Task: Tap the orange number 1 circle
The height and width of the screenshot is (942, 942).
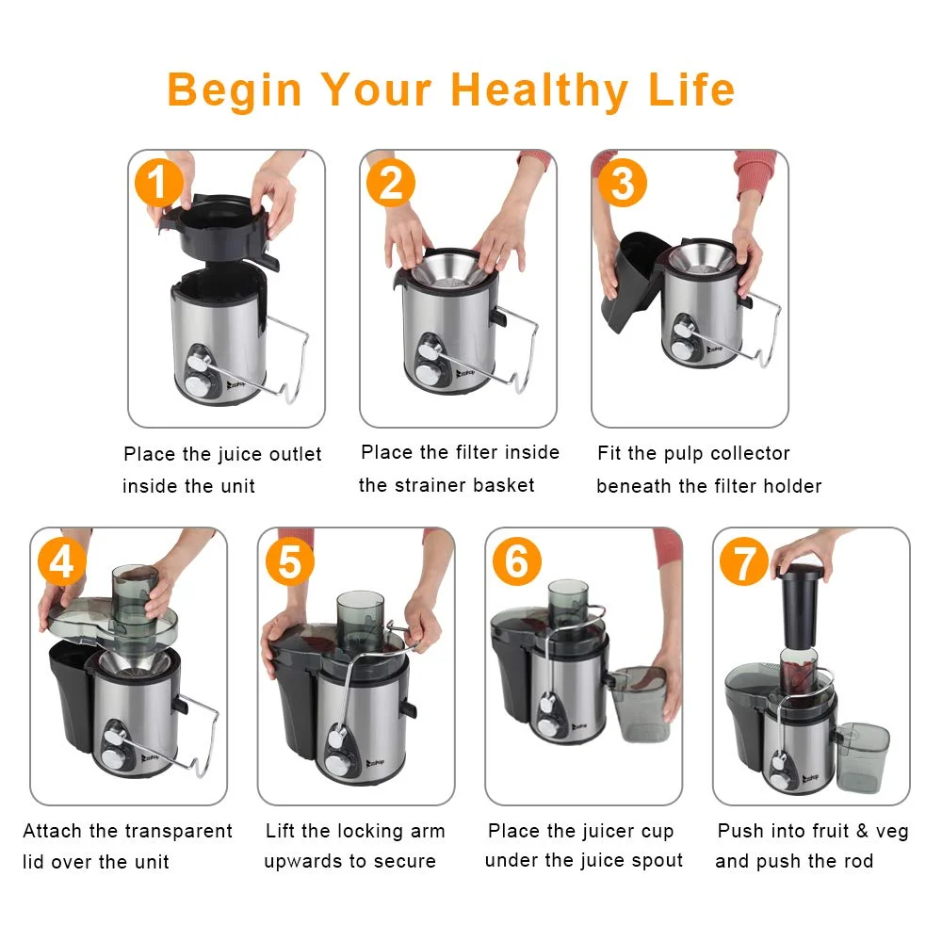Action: [x=159, y=182]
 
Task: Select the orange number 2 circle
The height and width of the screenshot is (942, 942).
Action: [x=390, y=182]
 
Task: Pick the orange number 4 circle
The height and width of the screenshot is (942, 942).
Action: [x=61, y=562]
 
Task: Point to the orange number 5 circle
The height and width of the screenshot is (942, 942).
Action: [x=289, y=562]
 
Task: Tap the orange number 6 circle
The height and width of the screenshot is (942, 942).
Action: [x=517, y=562]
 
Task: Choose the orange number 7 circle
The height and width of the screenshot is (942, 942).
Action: [x=744, y=563]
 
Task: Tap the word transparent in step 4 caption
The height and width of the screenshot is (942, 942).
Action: [x=179, y=831]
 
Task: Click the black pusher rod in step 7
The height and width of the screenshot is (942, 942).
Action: [x=803, y=608]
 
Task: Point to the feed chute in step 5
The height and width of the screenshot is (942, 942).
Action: [x=360, y=622]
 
